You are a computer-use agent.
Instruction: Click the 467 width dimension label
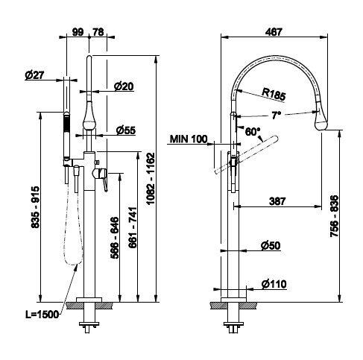[274, 32]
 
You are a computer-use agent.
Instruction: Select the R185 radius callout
[274, 95]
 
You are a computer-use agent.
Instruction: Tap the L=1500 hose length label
[42, 315]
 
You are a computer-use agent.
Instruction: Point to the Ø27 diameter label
[34, 75]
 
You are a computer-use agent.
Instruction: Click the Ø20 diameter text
[124, 86]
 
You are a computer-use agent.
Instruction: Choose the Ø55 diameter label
[126, 130]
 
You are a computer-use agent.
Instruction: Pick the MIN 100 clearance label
[189, 139]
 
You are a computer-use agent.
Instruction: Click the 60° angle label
[253, 131]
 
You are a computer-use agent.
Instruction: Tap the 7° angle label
[276, 116]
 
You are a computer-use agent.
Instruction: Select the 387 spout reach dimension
[277, 201]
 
